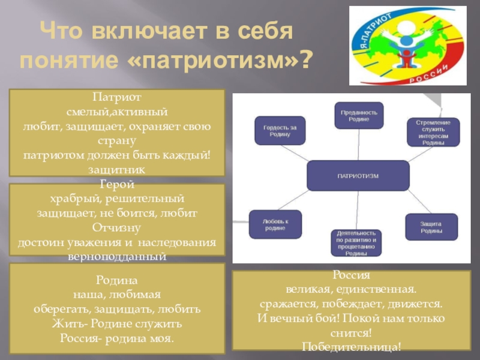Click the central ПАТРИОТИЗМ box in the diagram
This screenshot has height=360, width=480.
(358, 175)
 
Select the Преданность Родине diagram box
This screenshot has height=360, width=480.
(359, 115)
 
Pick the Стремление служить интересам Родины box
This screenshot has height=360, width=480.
(437, 131)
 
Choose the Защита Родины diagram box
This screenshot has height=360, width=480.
(431, 227)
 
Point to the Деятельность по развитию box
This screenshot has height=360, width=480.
(356, 243)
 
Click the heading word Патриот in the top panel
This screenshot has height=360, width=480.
(117, 97)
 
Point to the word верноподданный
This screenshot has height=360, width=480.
(117, 256)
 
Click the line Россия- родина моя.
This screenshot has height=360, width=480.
(117, 338)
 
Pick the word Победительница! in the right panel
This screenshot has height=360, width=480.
(351, 346)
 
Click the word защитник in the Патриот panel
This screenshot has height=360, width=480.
(117, 170)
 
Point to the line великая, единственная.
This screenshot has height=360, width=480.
(351, 289)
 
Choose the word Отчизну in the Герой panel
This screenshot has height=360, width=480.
(117, 228)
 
